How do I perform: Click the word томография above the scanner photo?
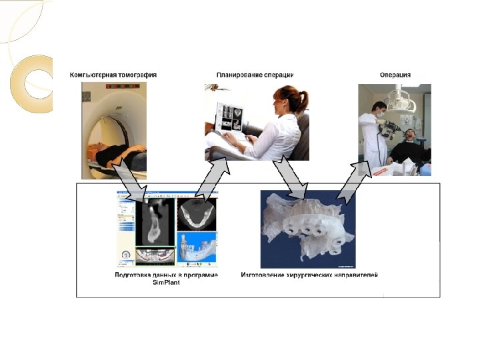pyautogui.click(x=137, y=75)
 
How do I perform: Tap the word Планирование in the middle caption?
pyautogui.click(x=239, y=75)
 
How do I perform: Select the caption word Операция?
pyautogui.click(x=395, y=75)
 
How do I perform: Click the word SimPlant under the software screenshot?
pyautogui.click(x=167, y=283)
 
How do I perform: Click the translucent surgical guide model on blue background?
pyautogui.click(x=307, y=223)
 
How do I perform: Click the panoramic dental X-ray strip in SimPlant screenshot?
pyautogui.click(x=155, y=255)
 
